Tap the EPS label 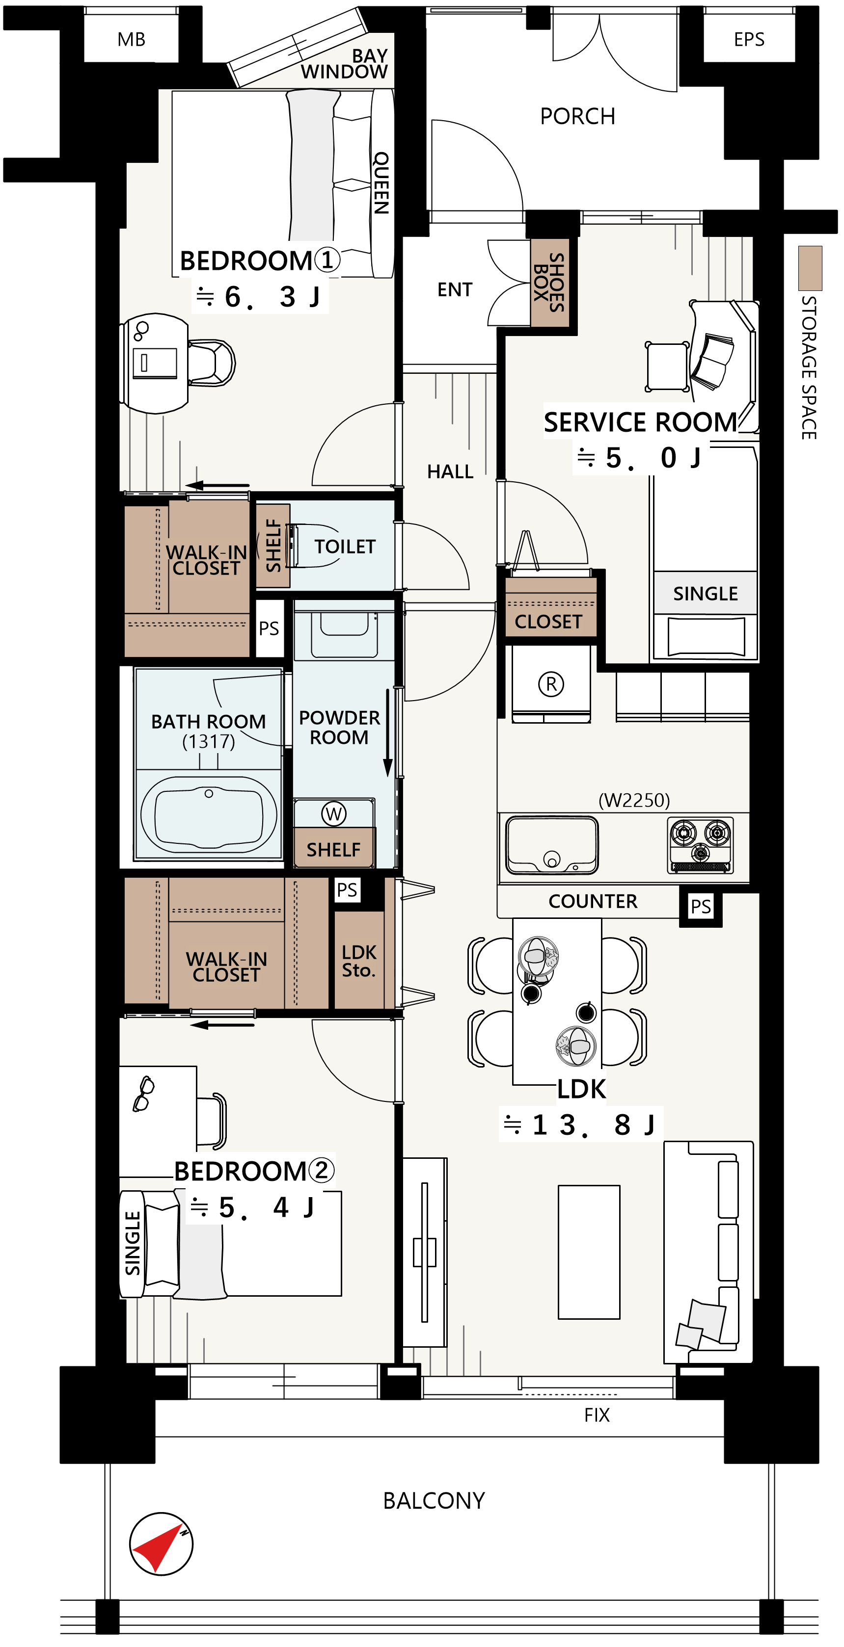(749, 38)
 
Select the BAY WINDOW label (346, 64)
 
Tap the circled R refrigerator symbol (551, 684)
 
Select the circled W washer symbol (333, 814)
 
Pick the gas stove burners (701, 844)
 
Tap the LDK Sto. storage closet (359, 960)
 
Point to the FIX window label (597, 1415)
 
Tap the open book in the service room (711, 362)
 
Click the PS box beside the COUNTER (701, 906)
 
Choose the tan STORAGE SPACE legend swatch (810, 268)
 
